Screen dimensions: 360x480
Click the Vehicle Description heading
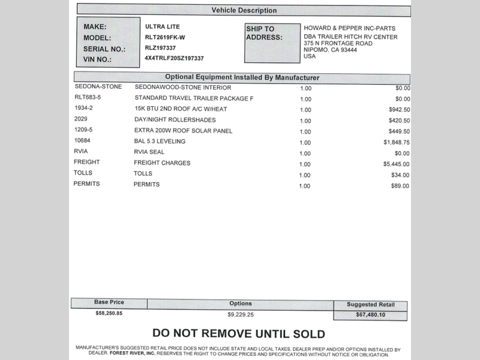pyautogui.click(x=244, y=10)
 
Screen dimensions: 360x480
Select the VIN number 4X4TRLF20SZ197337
pyautogui.click(x=175, y=58)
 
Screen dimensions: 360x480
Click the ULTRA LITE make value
pyautogui.click(x=162, y=27)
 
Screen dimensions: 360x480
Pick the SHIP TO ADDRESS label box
pyautogui.click(x=272, y=43)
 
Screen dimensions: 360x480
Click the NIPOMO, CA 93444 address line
pyautogui.click(x=330, y=50)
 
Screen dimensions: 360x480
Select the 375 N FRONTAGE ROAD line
pyautogui.click(x=338, y=43)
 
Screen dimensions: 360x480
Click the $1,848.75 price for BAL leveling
pyautogui.click(x=397, y=142)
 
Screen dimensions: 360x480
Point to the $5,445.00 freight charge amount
pyautogui.click(x=397, y=164)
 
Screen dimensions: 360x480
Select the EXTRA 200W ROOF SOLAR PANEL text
pyautogui.click(x=183, y=131)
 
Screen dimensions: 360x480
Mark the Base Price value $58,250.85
pyautogui.click(x=109, y=313)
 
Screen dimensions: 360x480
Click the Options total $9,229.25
pyautogui.click(x=241, y=314)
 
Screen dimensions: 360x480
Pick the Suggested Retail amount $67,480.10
pyautogui.click(x=370, y=315)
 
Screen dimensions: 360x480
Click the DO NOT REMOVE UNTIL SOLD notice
pyautogui.click(x=238, y=334)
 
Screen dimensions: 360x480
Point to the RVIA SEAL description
pyautogui.click(x=149, y=152)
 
